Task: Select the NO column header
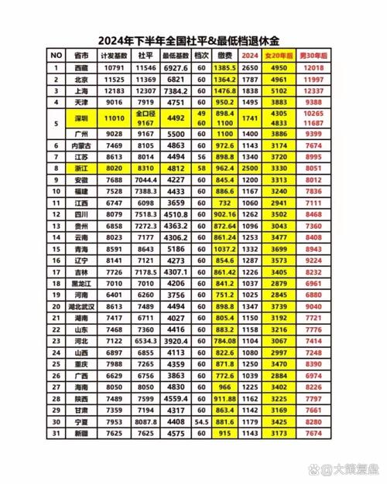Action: tap(56, 56)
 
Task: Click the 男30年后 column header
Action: tap(313, 56)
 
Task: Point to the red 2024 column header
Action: tap(250, 56)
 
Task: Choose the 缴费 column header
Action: tap(224, 56)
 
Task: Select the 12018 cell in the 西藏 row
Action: tap(313, 67)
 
